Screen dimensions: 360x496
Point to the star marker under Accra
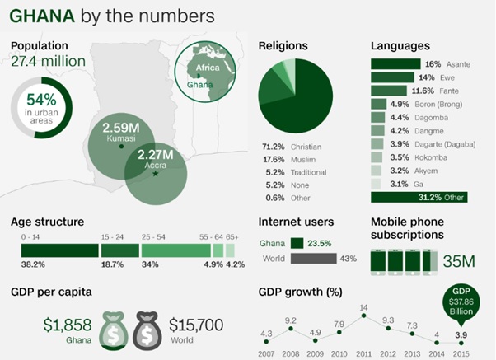click(156, 174)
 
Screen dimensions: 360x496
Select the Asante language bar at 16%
click(396, 63)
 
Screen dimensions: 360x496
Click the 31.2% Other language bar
click(419, 198)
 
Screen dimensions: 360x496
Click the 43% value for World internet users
click(348, 259)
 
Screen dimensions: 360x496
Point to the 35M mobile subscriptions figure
click(459, 262)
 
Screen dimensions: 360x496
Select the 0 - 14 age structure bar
click(59, 250)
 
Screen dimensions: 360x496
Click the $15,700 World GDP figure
click(195, 325)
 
